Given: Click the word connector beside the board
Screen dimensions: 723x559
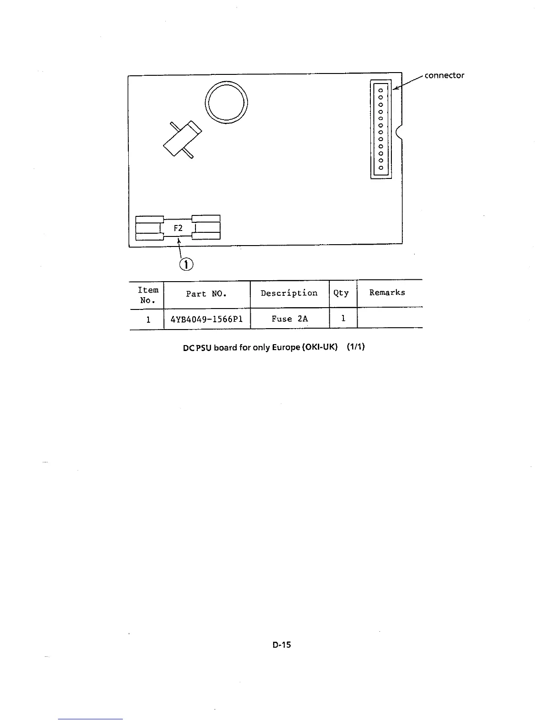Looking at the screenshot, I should (444, 75).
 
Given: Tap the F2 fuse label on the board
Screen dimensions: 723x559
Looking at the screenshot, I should (178, 228).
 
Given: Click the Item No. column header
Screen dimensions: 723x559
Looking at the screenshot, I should (148, 295).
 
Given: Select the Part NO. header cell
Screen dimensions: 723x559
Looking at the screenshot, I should (206, 294).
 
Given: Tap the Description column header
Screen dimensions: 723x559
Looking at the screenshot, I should (289, 293).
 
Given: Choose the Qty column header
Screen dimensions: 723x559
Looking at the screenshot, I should (341, 293).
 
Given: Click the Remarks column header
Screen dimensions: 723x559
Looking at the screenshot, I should (387, 293).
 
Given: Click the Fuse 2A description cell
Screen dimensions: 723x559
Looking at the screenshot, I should (290, 319).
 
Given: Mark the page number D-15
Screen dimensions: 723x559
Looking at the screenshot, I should (282, 645).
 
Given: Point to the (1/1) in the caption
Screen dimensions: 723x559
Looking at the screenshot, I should (355, 346).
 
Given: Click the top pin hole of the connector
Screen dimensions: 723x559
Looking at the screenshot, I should (380, 90).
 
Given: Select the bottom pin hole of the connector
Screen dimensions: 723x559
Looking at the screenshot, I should (380, 168).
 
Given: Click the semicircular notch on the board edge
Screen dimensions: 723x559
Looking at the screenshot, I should (400, 132).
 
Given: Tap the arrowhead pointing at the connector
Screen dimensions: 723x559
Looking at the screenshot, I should (396, 88).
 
